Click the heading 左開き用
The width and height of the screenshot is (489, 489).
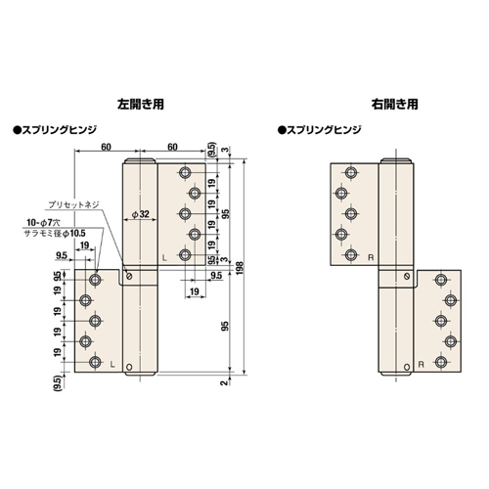[x=141, y=105]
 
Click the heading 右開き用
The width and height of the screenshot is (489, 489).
[x=394, y=105]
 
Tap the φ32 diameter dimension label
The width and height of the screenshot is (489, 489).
[x=140, y=214]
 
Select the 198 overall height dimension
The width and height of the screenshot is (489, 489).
[x=241, y=268]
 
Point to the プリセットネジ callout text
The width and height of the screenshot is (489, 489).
[x=73, y=204]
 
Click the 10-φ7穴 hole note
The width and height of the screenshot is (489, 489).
[x=43, y=223]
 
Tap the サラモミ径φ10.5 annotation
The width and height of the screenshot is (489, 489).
[x=55, y=234]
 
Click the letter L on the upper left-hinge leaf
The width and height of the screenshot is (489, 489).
[x=164, y=258]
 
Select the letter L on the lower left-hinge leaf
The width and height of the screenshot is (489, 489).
[x=112, y=365]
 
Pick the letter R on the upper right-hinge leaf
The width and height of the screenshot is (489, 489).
[x=371, y=258]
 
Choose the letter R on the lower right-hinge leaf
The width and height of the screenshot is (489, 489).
[x=421, y=364]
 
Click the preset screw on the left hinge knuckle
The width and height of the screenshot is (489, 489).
[x=129, y=277]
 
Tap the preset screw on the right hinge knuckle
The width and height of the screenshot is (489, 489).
[x=407, y=277]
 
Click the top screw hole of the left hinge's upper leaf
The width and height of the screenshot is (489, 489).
[x=185, y=172]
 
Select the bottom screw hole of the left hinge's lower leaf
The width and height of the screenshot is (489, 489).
[x=95, y=362]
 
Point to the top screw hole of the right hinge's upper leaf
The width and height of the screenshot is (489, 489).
[x=351, y=172]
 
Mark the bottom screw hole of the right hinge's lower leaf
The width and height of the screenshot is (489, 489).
[x=441, y=362]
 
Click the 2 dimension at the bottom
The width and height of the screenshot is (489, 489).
[x=224, y=382]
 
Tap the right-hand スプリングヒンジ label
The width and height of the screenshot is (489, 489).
[x=320, y=130]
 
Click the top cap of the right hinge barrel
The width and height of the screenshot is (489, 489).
[x=396, y=161]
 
